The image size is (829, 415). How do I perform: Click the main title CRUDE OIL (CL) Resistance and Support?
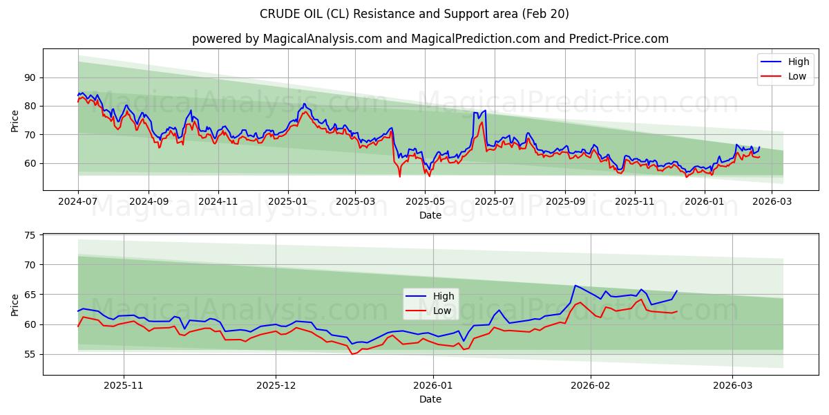(414, 14)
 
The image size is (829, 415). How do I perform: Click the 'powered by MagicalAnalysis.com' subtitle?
(430, 39)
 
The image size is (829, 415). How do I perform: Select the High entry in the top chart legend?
(788, 61)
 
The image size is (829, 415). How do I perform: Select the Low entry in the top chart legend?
(788, 76)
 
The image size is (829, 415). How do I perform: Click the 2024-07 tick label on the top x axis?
(78, 201)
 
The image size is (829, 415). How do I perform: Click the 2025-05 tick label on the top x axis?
(426, 201)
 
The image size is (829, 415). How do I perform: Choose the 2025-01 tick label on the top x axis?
(287, 201)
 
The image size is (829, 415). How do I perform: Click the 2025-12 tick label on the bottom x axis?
(276, 386)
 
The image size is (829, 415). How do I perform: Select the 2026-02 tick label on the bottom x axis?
(591, 386)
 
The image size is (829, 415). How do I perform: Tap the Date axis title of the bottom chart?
(430, 399)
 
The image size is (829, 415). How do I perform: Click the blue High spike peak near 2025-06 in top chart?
(485, 110)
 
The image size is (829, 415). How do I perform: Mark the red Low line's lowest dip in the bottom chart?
(352, 354)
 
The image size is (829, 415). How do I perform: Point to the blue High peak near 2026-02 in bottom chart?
(575, 285)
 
